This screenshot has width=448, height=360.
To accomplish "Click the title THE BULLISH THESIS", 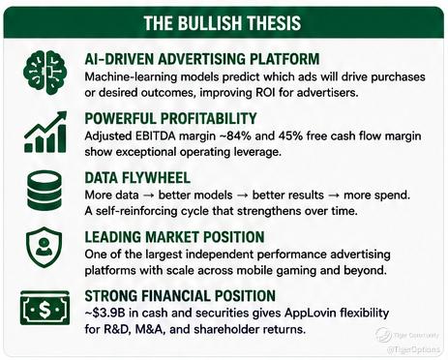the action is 223,23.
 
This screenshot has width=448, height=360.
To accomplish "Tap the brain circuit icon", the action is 45,74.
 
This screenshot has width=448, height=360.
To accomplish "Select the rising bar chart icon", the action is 45,132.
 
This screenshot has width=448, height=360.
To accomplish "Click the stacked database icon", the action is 45,191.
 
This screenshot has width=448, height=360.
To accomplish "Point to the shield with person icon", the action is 45,247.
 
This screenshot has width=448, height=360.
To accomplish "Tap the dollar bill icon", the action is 45,308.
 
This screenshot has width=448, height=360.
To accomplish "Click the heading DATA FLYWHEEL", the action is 137,178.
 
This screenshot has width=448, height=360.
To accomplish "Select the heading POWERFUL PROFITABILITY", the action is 170,118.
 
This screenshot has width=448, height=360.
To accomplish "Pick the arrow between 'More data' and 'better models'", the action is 148,195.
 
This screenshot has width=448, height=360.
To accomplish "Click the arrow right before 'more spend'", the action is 334,195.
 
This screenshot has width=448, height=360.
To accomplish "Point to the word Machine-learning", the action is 131,77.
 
